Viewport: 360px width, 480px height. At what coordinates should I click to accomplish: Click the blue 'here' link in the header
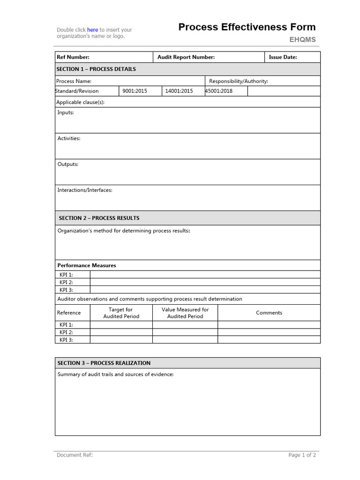point(92,30)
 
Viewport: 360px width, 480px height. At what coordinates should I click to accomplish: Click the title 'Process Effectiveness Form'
point(247,27)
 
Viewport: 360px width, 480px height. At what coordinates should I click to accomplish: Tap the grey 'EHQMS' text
point(302,40)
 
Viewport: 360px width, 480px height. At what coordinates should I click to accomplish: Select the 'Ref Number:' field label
point(73,57)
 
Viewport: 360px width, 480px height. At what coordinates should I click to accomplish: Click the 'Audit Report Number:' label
point(186,57)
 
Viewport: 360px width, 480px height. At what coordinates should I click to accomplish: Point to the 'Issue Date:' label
point(283,57)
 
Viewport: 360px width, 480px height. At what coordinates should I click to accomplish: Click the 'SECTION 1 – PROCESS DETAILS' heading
point(96,69)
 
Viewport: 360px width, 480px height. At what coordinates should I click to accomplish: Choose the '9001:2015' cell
point(135,91)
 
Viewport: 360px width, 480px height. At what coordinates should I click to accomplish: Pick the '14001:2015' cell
point(179,91)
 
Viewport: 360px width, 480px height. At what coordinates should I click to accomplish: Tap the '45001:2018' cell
point(219,91)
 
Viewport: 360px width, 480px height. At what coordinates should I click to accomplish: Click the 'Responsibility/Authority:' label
point(238,81)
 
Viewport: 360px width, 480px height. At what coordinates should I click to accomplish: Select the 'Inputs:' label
point(66,112)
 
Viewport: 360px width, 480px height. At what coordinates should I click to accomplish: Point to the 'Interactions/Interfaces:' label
point(85,190)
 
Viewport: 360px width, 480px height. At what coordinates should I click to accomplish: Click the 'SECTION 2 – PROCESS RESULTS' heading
point(99,218)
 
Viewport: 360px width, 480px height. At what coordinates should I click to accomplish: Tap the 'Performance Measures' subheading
point(87,265)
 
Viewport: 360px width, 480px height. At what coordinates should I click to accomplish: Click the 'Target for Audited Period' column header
point(120,313)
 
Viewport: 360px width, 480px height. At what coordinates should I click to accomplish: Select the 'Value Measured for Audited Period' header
point(185,313)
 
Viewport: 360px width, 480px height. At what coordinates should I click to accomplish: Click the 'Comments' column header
point(269,313)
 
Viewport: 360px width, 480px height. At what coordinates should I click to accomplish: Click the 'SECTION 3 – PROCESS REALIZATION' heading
point(104,363)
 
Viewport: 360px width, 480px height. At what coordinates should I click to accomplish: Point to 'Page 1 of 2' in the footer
point(302,455)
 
